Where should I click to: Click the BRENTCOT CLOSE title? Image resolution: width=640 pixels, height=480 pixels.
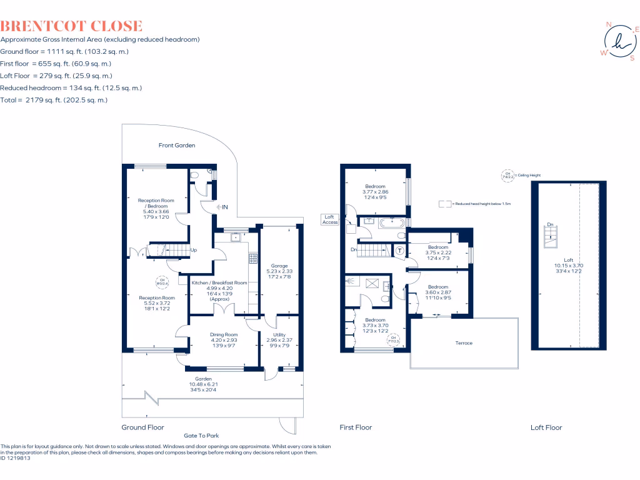pos(71,26)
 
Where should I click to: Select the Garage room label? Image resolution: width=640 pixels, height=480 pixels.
pos(279,266)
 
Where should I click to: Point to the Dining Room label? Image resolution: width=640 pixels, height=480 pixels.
pos(224,335)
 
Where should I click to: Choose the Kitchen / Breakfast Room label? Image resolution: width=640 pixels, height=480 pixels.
pos(219,283)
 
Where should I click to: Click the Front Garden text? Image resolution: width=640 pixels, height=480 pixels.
pos(177,145)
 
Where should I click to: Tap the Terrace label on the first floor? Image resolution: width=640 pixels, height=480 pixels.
pos(464,343)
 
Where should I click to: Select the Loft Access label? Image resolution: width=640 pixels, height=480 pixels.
pos(330,219)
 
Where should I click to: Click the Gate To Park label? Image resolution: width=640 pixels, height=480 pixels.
pos(201,436)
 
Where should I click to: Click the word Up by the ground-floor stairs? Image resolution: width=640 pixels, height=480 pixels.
pos(193,250)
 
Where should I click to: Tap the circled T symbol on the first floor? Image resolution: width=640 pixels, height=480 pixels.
pos(399,250)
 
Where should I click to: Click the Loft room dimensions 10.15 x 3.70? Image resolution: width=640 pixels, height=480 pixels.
pos(568,265)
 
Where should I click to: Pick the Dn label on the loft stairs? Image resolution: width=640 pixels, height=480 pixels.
pos(549,224)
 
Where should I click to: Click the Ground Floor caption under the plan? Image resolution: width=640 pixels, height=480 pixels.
pos(142,427)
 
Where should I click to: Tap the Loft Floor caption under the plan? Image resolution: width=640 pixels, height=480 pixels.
pos(546,427)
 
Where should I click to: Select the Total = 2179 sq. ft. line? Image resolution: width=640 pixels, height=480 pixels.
pos(54,100)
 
